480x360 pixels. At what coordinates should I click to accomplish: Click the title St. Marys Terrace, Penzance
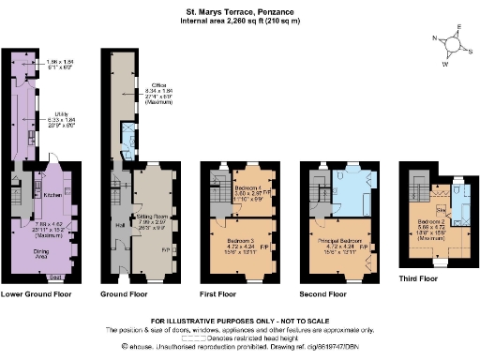click(x=239, y=13)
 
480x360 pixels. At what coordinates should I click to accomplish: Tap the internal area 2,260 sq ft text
click(x=239, y=22)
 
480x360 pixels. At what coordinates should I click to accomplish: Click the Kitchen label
click(x=52, y=194)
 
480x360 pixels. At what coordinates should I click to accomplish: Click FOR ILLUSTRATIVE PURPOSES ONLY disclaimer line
click(x=239, y=321)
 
